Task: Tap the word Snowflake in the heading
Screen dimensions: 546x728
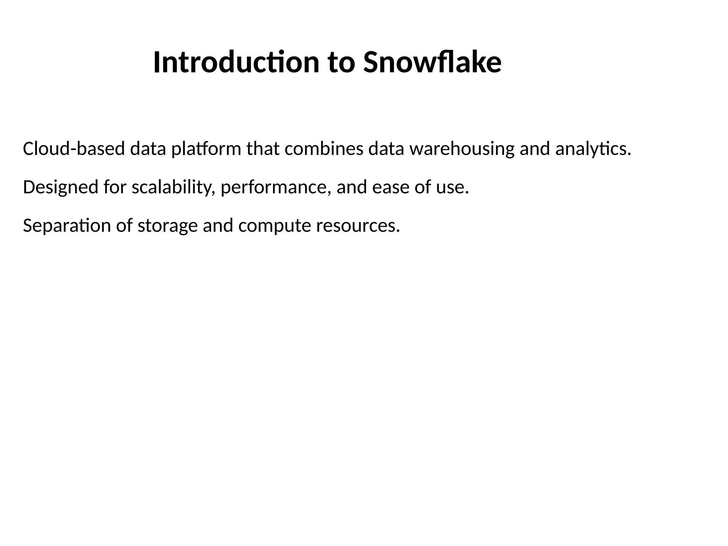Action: click(x=432, y=63)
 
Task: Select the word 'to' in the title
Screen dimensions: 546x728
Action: click(x=341, y=63)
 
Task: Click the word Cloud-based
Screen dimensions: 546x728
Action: click(x=74, y=149)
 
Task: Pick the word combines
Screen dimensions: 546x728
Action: click(x=324, y=149)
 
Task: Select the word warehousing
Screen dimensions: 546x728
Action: click(x=462, y=149)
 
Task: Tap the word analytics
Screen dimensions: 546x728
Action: click(x=593, y=149)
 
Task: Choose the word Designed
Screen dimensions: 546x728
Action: click(x=60, y=187)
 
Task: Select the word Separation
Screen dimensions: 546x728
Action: click(x=67, y=226)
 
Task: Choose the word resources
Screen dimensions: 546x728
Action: click(x=358, y=226)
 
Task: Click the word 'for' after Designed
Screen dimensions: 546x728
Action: click(x=115, y=187)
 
